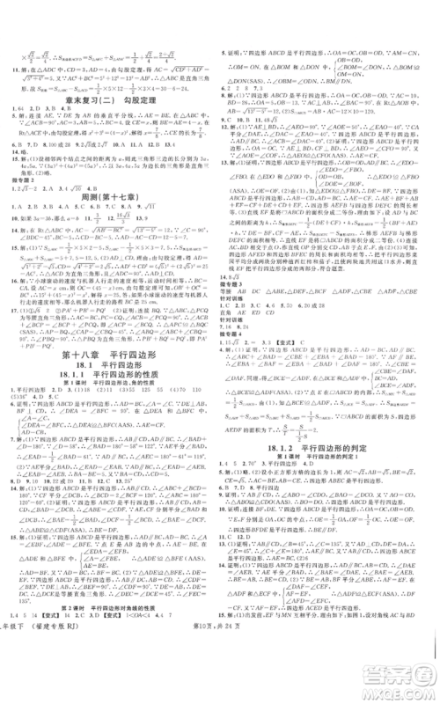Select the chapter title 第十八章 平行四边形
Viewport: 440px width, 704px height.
point(109,359)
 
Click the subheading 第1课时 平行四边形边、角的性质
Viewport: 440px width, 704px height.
point(110,401)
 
